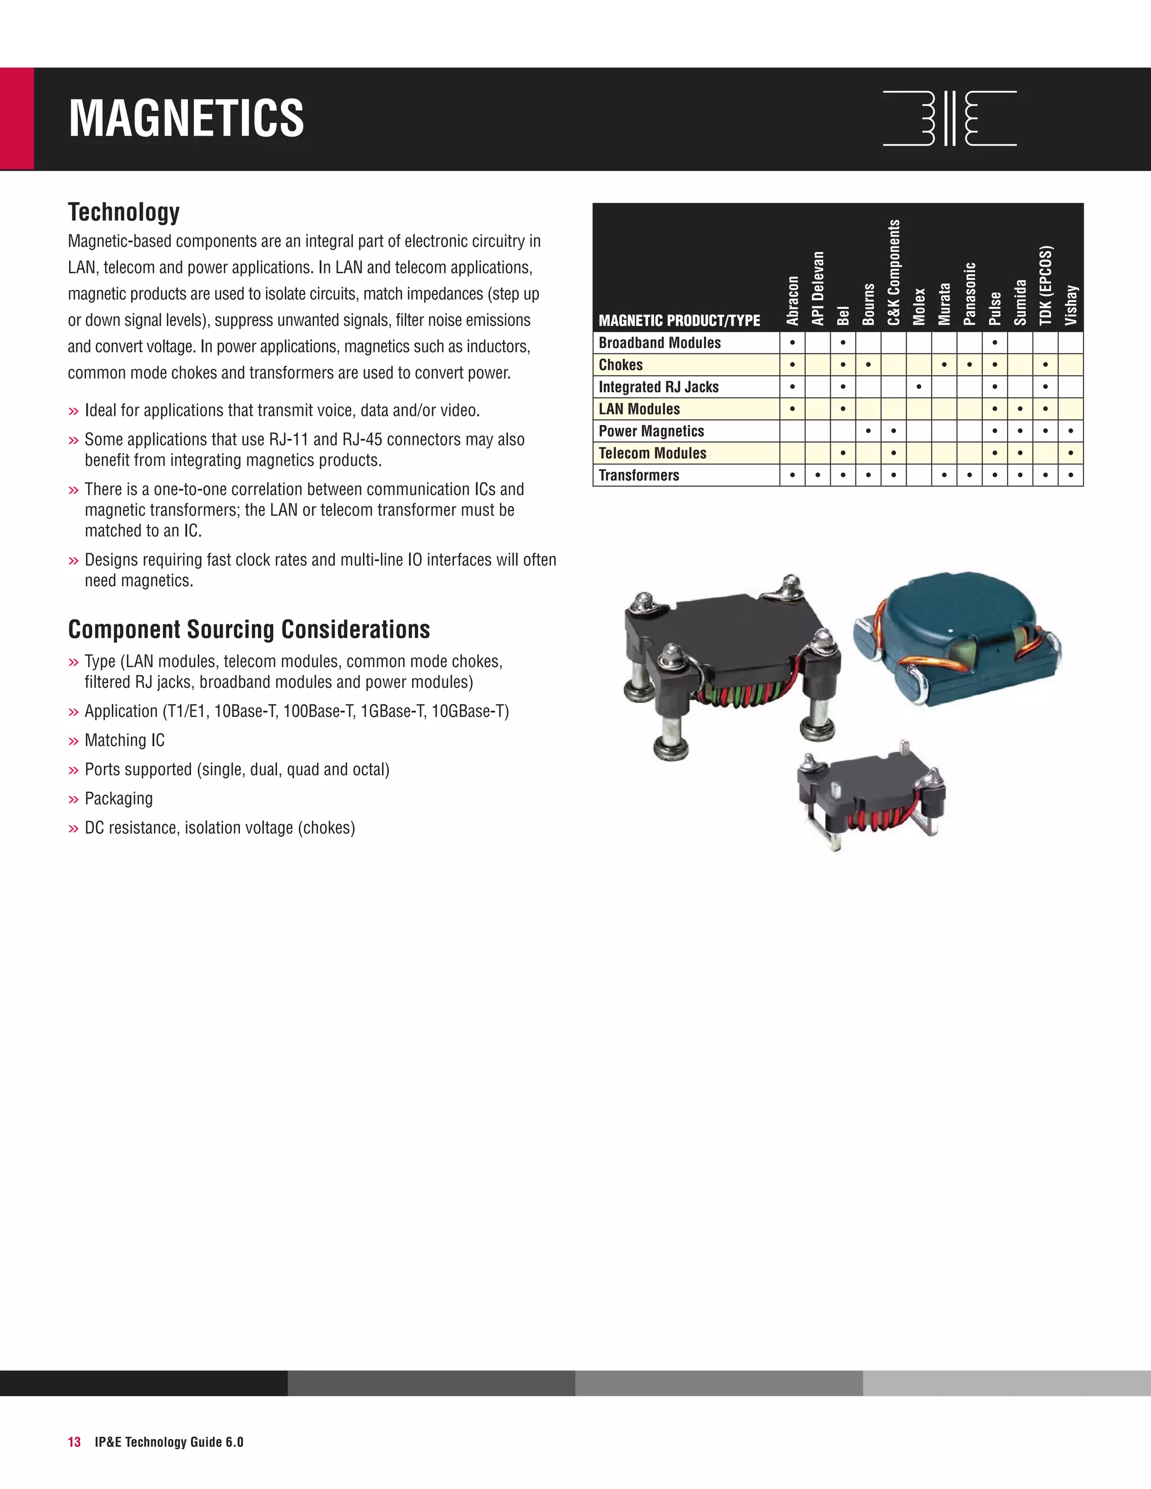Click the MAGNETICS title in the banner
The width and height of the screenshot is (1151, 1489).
point(186,119)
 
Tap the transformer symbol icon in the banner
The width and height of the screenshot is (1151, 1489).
point(949,119)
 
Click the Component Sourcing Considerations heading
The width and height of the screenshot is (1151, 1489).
point(249,629)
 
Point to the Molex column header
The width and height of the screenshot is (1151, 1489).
point(919,306)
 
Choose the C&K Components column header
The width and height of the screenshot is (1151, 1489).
point(894,273)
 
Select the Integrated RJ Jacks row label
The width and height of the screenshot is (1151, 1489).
point(658,387)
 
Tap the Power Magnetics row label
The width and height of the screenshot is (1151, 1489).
point(651,431)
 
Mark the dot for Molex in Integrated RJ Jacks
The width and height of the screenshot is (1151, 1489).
point(919,387)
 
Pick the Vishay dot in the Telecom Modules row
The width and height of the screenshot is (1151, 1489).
point(1071,453)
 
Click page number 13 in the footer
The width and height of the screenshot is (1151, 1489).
point(74,1442)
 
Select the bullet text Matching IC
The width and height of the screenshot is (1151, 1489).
point(125,741)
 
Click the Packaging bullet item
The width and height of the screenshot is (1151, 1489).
point(119,798)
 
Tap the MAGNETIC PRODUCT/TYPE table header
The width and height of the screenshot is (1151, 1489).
point(679,320)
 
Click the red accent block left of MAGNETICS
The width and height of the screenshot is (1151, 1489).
point(16,119)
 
